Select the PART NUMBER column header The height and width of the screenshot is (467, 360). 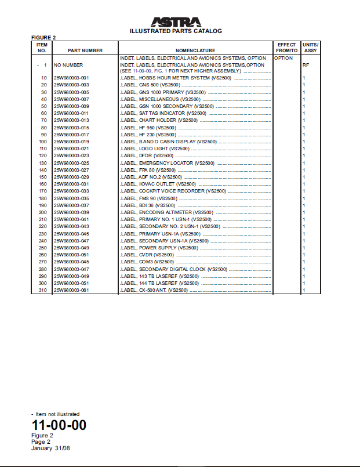tap(85, 51)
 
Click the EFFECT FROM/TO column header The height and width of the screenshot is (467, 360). tap(286, 48)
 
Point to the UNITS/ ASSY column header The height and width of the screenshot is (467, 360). tap(310, 48)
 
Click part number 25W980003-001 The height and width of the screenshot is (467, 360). tap(71, 78)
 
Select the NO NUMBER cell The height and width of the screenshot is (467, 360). tap(68, 65)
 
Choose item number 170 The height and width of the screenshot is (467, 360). tap(43, 191)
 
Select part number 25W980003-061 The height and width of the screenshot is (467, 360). tap(71, 290)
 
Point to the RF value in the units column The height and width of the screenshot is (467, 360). tap(305, 65)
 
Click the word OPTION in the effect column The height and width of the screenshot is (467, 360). tap(283, 59)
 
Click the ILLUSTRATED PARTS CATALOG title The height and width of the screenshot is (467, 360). tap(176, 31)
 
